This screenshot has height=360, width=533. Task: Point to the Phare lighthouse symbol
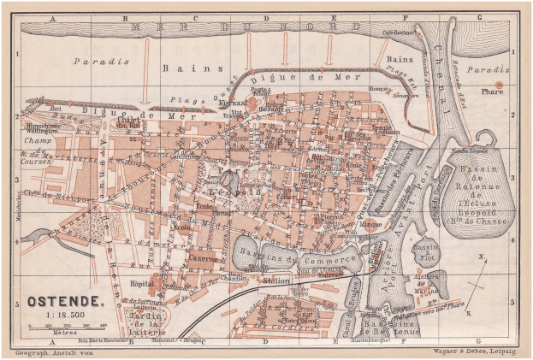pos(499,84)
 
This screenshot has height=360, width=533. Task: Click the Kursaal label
pos(234,100)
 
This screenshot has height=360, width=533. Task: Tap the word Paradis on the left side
pos(100,62)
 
